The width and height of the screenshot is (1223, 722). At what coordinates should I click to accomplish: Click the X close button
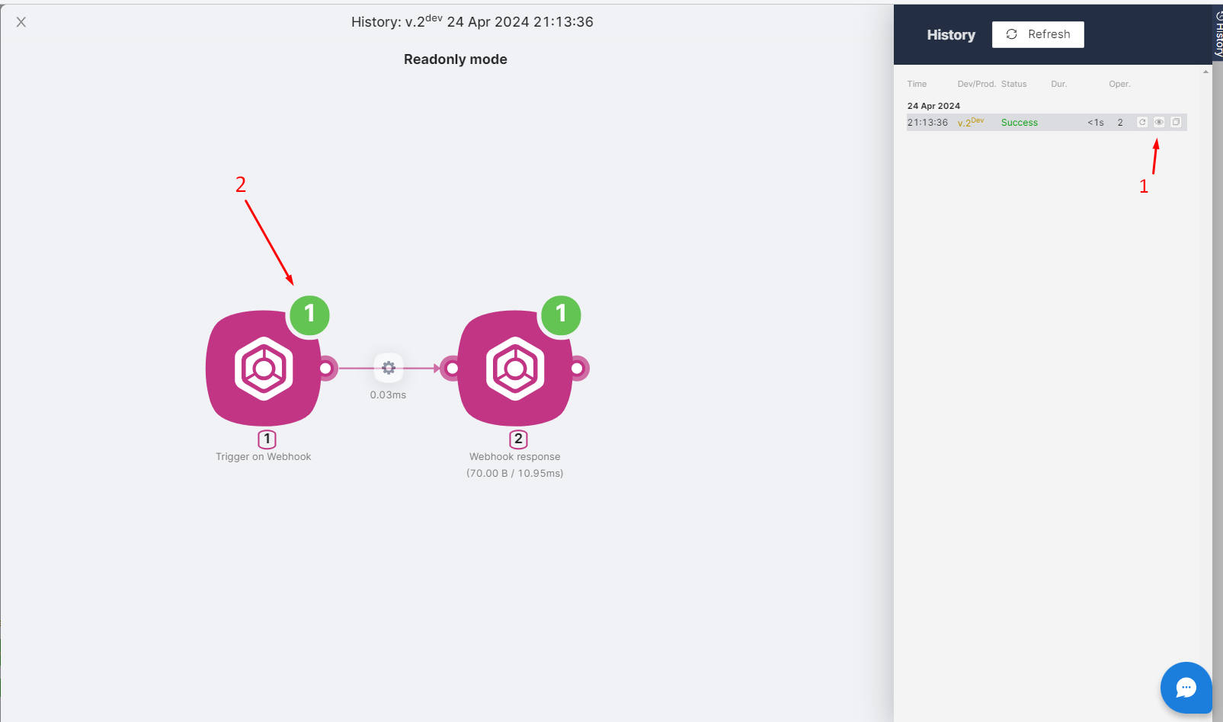point(21,22)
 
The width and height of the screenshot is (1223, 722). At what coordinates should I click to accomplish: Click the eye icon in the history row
point(1159,122)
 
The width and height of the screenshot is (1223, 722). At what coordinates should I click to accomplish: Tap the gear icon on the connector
point(389,368)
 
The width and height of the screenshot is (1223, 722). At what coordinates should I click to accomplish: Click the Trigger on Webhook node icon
point(264,369)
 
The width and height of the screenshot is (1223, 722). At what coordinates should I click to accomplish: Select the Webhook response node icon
point(515,369)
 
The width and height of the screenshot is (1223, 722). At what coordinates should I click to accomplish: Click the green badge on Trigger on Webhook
point(309,315)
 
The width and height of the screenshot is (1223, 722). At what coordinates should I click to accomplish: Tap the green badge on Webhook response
point(561,315)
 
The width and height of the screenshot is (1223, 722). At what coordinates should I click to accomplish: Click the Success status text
point(1019,123)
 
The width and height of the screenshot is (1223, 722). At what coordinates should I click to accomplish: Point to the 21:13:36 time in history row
point(927,123)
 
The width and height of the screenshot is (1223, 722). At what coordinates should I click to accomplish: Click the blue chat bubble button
point(1186,688)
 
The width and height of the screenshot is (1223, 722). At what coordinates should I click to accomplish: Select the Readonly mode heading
point(455,59)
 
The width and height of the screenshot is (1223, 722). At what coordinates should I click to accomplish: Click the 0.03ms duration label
point(388,395)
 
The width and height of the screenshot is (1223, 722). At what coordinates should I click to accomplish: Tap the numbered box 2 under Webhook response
point(518,439)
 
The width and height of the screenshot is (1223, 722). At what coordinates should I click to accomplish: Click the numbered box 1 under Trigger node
point(267,439)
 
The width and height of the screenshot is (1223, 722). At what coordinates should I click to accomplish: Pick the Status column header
point(1013,84)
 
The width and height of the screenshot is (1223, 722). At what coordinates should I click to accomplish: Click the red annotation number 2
point(241,184)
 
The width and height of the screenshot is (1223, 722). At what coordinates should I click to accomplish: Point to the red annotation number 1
point(1143,187)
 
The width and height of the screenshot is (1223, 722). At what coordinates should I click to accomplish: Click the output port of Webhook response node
point(578,369)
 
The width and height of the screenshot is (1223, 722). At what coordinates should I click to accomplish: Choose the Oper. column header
point(1119,84)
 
